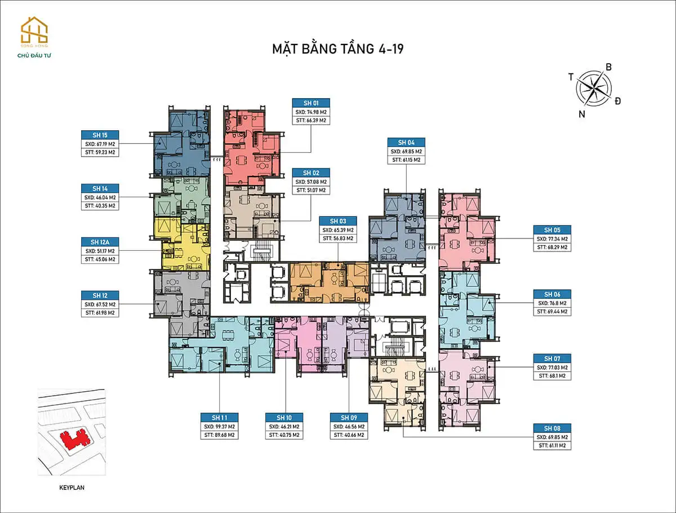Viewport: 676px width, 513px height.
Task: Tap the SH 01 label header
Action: click(311, 103)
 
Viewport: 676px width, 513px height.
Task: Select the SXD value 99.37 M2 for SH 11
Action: click(220, 426)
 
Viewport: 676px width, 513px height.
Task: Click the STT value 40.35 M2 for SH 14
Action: click(100, 206)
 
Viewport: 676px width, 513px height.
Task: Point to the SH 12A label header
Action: click(100, 241)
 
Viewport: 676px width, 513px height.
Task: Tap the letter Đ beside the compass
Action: click(618, 101)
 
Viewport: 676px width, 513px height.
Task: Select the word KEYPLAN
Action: click(72, 487)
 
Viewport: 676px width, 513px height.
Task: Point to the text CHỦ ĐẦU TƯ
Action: click(34, 55)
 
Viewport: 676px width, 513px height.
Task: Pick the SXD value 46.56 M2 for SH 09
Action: click(349, 426)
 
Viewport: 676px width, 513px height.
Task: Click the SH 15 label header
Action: click(100, 135)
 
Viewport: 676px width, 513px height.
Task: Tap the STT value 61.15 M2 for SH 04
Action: click(406, 160)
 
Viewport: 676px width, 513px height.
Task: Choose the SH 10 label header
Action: click(284, 417)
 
